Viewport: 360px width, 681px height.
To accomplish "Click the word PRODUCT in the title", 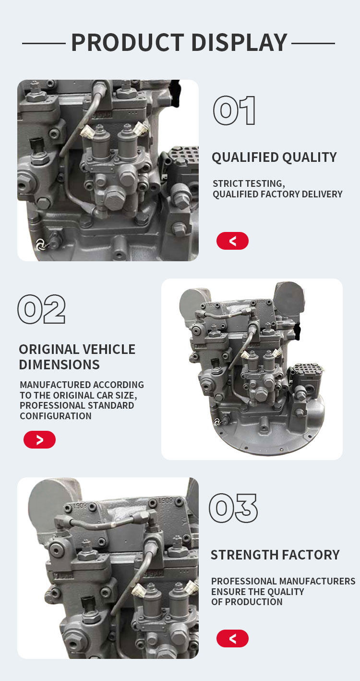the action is click(x=128, y=42).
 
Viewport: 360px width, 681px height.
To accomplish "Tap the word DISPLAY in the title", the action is click(x=240, y=42).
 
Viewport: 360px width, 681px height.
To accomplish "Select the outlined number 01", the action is click(x=234, y=110).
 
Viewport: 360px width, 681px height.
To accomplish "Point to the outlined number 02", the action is click(x=41, y=309).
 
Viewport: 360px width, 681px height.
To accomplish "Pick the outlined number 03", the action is click(x=233, y=508).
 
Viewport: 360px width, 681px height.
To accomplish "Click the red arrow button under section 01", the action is click(x=232, y=241).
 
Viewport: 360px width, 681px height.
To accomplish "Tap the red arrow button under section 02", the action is click(x=39, y=439).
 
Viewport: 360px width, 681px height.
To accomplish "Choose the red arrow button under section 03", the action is click(x=232, y=638).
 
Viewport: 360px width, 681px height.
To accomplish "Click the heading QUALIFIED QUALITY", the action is click(x=275, y=158).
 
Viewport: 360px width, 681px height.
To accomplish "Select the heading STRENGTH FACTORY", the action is click(x=275, y=555).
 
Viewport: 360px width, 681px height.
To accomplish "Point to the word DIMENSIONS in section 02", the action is click(x=59, y=365).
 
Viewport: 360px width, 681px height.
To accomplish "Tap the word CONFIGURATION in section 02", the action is click(x=56, y=416).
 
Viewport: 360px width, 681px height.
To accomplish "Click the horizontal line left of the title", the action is click(x=44, y=44).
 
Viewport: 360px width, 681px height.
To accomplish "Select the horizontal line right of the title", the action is click(x=313, y=44).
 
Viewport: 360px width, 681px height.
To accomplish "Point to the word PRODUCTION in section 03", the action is click(x=253, y=602).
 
